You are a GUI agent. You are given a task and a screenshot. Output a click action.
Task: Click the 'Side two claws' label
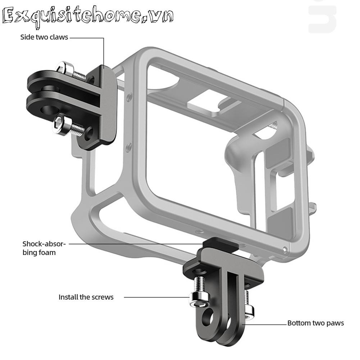tap(44, 37)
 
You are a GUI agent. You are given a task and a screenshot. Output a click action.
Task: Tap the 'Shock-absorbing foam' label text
tap(44, 248)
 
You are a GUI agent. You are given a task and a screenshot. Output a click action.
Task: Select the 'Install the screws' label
tap(86, 297)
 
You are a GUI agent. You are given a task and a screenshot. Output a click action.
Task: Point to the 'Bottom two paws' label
tap(315, 323)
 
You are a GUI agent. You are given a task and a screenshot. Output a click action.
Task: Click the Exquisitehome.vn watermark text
tap(88, 17)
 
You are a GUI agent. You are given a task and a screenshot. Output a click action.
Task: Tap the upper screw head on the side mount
tap(66, 67)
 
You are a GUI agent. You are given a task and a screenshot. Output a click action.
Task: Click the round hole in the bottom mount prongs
tap(209, 317)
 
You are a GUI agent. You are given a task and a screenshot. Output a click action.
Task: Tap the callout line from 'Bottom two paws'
tap(264, 323)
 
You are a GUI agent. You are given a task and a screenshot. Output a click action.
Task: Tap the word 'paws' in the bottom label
tap(335, 323)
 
